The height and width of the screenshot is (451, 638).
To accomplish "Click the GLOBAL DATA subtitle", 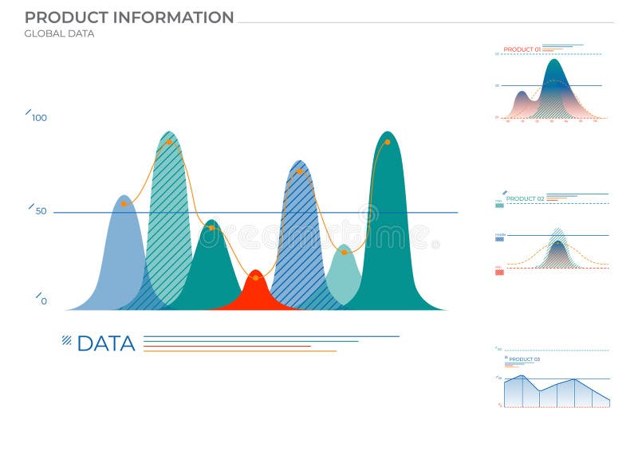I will click(x=59, y=33).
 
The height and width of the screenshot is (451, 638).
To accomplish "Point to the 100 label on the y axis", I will click(x=39, y=118).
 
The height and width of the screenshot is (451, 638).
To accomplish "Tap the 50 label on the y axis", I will click(x=41, y=211).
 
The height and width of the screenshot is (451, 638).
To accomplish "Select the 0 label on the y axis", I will click(x=44, y=301).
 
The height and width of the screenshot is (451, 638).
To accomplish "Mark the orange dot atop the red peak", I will click(x=255, y=277).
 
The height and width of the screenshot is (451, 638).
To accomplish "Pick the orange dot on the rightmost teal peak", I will click(x=388, y=142).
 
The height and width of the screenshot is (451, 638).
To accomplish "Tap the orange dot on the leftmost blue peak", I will click(x=124, y=203).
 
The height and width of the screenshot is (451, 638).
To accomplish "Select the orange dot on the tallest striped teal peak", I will click(x=169, y=142).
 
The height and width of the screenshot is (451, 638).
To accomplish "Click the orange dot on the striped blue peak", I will click(x=299, y=171).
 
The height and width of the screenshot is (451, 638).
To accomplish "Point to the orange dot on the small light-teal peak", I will click(x=345, y=252).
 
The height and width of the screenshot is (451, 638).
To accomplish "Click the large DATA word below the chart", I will click(x=106, y=343).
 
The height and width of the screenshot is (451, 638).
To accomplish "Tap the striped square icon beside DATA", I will click(x=67, y=340).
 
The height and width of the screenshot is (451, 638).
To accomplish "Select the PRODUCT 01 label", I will click(x=522, y=49).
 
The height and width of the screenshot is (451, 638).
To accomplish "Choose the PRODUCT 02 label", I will click(x=525, y=198).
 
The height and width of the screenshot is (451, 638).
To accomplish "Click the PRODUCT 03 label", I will click(x=524, y=359).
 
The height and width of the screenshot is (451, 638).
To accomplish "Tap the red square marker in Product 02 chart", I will click(x=499, y=272).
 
